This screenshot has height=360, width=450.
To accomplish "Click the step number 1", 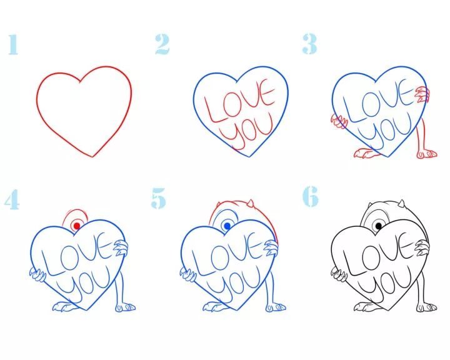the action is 13,44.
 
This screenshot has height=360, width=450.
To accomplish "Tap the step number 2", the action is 162,44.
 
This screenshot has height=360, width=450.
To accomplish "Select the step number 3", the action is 309,44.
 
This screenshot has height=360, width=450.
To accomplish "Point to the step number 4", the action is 12,199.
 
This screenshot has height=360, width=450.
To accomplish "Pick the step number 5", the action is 158,198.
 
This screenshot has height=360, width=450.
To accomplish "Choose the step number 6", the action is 310,196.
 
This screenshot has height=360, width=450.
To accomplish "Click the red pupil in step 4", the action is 77,226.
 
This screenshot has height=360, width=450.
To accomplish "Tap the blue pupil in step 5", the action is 227,226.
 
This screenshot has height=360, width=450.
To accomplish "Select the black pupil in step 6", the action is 379,226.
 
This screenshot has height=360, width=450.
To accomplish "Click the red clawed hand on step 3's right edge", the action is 422,95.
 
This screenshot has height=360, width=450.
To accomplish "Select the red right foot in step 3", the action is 427,154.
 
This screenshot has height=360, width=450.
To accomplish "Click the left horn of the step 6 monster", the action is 371,206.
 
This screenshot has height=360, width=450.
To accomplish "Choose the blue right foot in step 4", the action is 126,307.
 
